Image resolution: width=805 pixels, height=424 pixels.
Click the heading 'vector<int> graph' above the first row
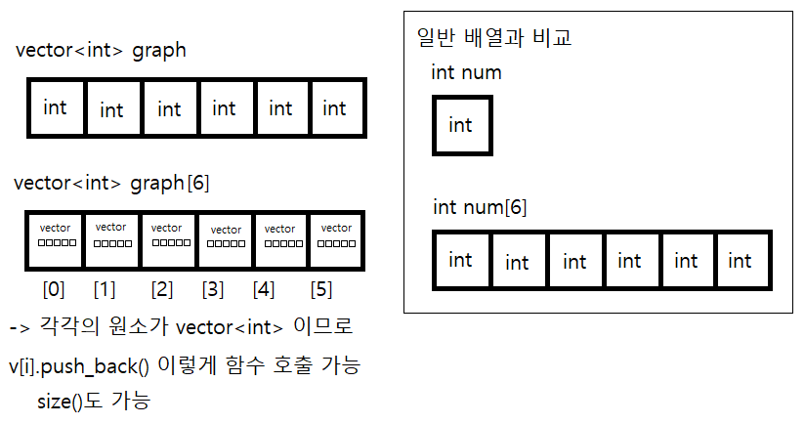[x=101, y=51]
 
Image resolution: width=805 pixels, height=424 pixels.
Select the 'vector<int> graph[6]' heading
[x=111, y=184]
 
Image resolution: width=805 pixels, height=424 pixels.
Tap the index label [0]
[x=54, y=289]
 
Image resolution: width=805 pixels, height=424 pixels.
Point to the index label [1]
[x=105, y=289]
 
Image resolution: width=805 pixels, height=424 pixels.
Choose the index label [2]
[x=162, y=289]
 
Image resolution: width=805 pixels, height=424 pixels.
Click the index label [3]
[x=213, y=289]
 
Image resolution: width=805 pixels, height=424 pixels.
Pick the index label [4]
[x=264, y=289]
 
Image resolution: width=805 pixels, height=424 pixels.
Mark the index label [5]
[x=320, y=289]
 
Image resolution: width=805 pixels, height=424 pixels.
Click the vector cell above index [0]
[x=55, y=240]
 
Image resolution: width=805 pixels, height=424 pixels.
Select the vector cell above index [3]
[x=225, y=240]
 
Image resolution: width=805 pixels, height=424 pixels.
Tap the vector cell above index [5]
[x=336, y=240]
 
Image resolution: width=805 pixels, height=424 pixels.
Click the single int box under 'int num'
[x=462, y=125]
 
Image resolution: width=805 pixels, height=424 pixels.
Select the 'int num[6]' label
[x=480, y=207]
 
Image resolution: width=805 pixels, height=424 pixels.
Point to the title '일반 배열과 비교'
[x=494, y=37]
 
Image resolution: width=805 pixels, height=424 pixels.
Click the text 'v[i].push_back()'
[x=79, y=366]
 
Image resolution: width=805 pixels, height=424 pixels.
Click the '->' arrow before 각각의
[x=20, y=327]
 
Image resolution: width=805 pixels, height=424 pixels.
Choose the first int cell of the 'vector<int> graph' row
[x=56, y=107]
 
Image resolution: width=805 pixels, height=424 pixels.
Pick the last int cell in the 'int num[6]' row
[x=742, y=260]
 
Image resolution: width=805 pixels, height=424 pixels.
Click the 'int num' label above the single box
[x=466, y=72]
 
